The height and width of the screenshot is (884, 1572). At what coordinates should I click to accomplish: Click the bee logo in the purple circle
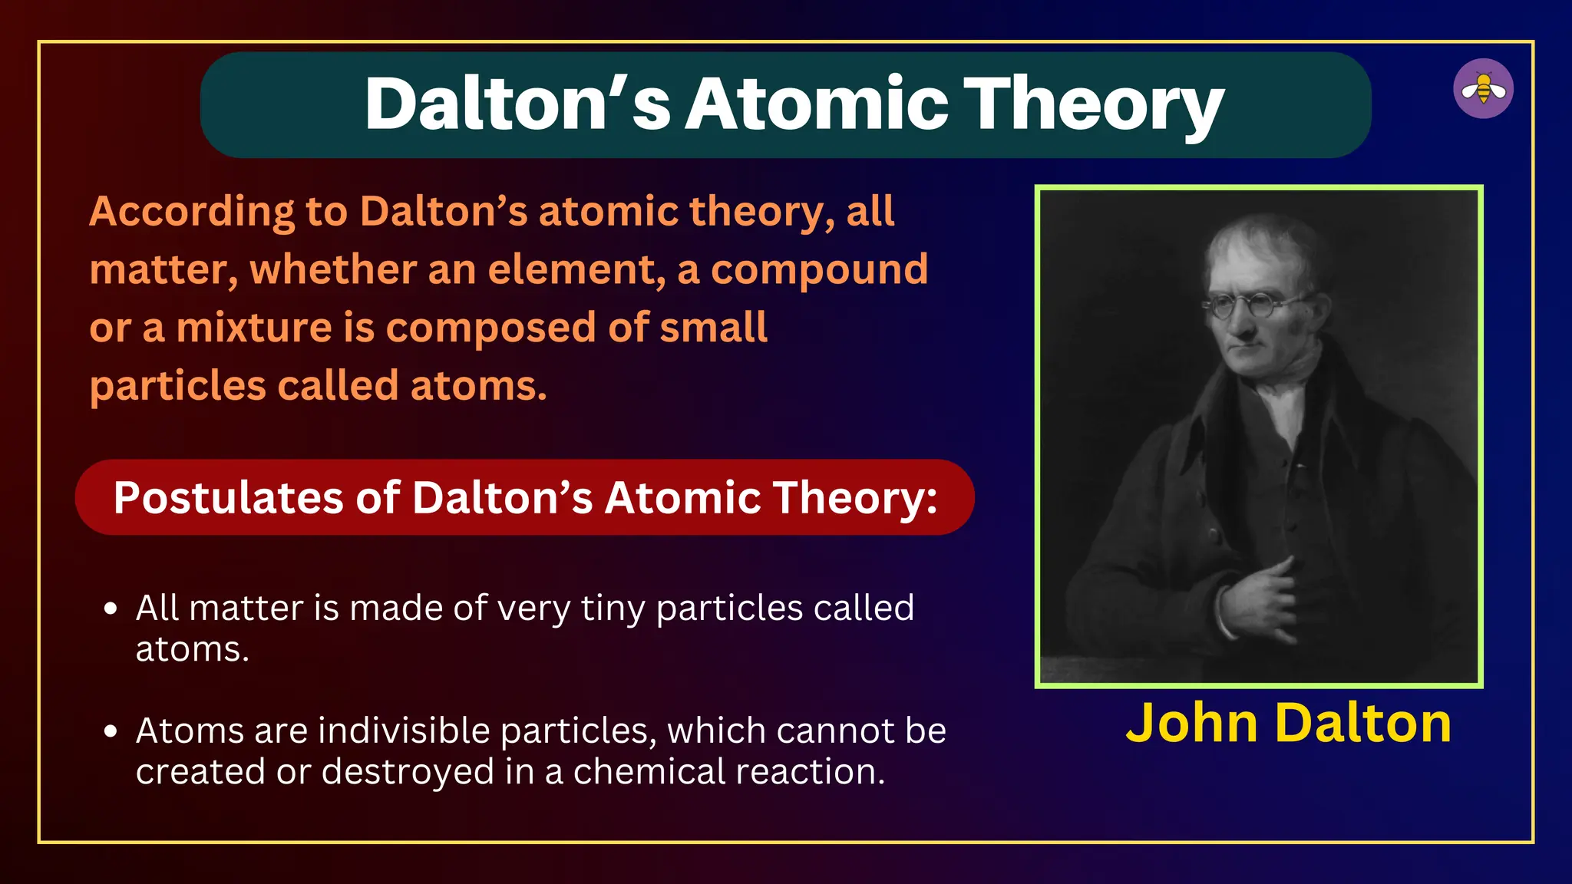click(1483, 89)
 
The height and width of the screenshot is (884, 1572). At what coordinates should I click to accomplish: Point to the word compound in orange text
click(819, 269)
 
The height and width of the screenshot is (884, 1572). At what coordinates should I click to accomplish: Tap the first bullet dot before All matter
click(111, 609)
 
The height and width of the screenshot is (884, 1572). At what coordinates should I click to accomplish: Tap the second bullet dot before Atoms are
click(111, 731)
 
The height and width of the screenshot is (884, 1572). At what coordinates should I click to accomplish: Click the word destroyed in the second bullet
click(408, 772)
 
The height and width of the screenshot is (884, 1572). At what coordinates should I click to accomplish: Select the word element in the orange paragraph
click(576, 269)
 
